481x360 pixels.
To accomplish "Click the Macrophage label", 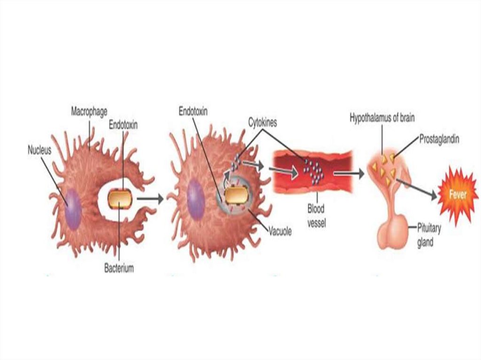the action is click(89, 112).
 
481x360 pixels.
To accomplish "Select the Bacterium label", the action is click(119, 268).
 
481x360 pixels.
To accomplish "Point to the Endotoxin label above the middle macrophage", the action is click(193, 112).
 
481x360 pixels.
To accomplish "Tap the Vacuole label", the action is click(280, 230).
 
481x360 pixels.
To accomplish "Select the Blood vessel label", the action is click(316, 214).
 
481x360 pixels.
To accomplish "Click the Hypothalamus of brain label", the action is click(382, 118).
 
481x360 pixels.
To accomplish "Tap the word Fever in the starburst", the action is click(458, 194).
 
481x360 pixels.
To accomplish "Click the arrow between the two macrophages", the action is click(150, 199).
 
